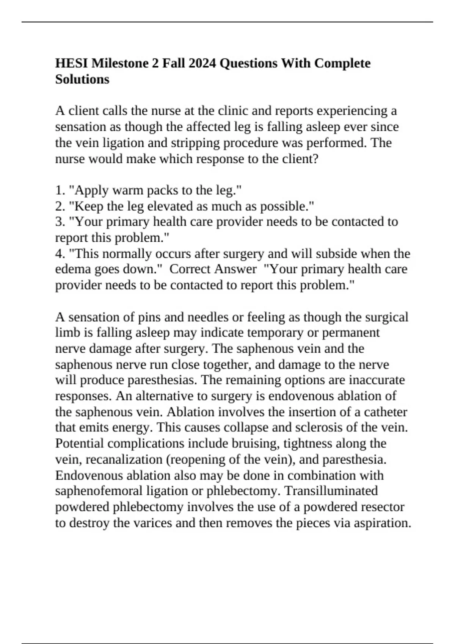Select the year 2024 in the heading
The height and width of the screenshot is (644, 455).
[202, 63]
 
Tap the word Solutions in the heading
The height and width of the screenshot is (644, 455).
[82, 79]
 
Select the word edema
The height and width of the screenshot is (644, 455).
[72, 269]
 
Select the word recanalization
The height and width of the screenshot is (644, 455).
[124, 460]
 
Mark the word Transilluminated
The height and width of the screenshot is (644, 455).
[331, 491]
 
